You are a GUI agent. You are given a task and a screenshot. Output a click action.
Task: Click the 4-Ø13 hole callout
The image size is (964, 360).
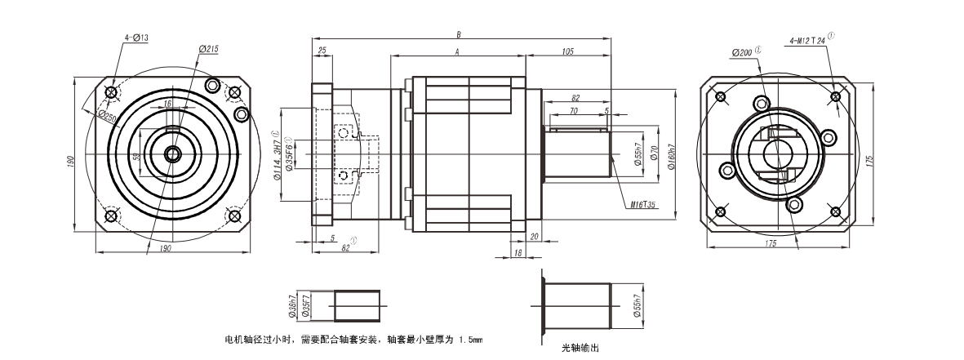point(135,38)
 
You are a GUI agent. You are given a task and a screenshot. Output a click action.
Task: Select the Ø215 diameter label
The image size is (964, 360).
point(209,50)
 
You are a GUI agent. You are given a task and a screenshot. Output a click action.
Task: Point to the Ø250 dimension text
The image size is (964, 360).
point(108,115)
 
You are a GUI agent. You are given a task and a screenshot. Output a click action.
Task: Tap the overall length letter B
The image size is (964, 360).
point(460,35)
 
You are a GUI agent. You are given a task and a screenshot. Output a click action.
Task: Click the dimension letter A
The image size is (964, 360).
point(457,51)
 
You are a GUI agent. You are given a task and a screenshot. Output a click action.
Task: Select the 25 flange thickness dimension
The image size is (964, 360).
point(322,51)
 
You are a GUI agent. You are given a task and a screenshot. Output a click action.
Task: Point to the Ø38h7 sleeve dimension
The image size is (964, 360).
point(291,307)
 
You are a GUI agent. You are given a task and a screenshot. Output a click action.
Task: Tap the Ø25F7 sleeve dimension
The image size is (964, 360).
point(303,307)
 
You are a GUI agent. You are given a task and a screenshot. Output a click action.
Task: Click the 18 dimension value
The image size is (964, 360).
point(518,255)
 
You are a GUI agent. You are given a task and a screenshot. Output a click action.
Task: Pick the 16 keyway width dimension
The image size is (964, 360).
point(168,104)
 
